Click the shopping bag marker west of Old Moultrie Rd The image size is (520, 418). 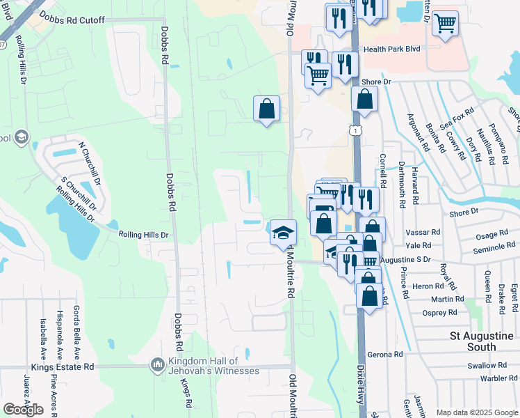pyautogui.click(x=266, y=109)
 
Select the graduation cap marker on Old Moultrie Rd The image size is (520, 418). pyautogui.click(x=283, y=232)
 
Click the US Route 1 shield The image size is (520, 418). pyautogui.click(x=356, y=130)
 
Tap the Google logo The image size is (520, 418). pyautogui.click(x=23, y=409)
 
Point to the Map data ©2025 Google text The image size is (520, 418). pyautogui.click(x=476, y=412)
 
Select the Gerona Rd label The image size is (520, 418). pyautogui.click(x=386, y=355)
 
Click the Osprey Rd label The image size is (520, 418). pyautogui.click(x=439, y=313)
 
